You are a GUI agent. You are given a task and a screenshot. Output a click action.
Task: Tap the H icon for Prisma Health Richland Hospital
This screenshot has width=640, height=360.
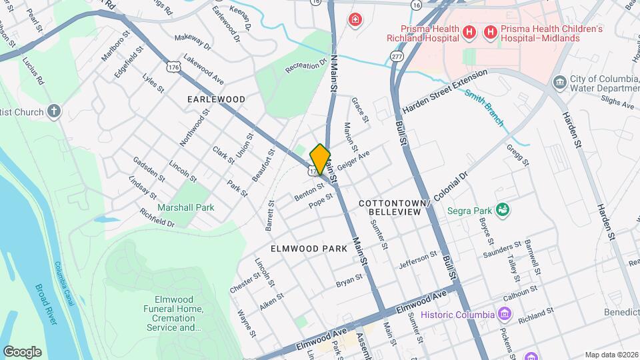coord(469,31)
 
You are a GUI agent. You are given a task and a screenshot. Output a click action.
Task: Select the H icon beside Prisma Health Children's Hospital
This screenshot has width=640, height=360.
coord(491,31)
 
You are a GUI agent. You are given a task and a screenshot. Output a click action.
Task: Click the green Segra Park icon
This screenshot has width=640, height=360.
coord(503,211)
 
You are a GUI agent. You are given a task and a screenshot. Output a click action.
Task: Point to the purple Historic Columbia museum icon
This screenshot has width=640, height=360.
coord(505,314)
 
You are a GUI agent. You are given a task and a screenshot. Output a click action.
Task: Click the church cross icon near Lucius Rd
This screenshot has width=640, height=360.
coord(55,111)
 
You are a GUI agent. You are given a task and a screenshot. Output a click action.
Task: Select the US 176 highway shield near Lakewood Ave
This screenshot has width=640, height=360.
coord(173,67)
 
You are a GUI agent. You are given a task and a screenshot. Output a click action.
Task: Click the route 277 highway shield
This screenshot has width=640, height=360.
coord(397,58)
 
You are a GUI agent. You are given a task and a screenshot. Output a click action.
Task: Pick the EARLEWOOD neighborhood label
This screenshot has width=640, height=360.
coord(216,99)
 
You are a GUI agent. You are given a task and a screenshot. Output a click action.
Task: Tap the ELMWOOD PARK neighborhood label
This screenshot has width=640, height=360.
coord(309,249)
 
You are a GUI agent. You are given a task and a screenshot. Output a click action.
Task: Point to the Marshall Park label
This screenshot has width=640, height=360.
coord(186,207)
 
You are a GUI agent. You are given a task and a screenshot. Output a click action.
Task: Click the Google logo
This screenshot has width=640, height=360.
coord(22,351)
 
